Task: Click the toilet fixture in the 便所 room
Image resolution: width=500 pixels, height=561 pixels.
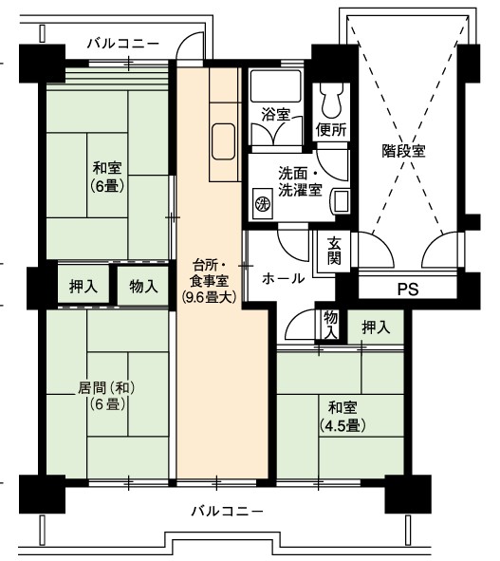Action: tap(331, 101)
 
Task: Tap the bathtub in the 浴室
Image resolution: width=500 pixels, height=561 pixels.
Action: tap(275, 85)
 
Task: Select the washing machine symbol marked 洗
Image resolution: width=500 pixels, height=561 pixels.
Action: tap(263, 204)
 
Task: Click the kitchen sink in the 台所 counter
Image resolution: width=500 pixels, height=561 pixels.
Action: tap(223, 141)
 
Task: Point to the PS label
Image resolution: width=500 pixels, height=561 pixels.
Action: tap(408, 290)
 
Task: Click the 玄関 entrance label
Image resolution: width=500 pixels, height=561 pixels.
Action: tap(334, 251)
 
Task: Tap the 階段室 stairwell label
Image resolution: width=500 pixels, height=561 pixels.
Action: tap(403, 151)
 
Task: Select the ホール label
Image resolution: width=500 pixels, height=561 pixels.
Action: tap(284, 278)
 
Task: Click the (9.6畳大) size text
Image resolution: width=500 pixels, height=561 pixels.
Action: tap(210, 298)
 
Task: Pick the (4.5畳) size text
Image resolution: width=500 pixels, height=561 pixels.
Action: tap(343, 426)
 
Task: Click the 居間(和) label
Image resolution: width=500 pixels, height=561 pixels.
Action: tap(106, 388)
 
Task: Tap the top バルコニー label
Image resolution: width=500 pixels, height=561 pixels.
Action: tap(123, 44)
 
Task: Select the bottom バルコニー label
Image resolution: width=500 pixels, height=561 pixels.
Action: tap(227, 511)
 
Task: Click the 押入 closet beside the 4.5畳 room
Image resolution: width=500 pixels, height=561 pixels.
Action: tap(376, 327)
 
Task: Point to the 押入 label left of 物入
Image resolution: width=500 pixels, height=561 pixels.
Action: tap(83, 286)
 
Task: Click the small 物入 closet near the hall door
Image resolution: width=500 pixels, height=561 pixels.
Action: tap(331, 325)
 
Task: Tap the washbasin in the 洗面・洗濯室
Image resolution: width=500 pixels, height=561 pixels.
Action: tap(342, 201)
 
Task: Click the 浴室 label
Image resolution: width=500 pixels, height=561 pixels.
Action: tap(275, 114)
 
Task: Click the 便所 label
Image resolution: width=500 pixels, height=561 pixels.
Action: tap(331, 129)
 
